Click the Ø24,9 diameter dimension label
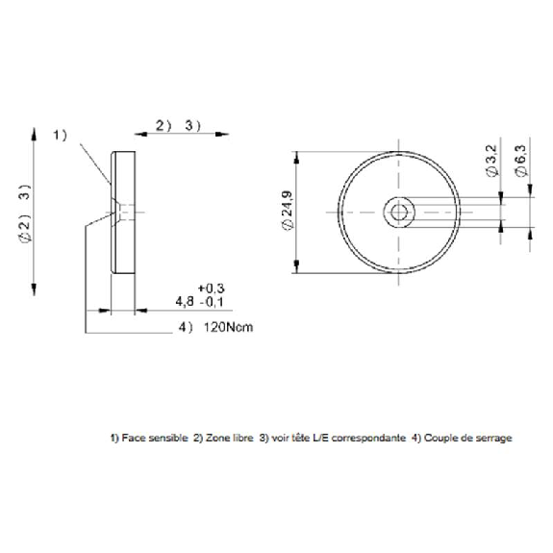(288, 211)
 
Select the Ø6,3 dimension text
(520, 161)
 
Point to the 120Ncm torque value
(228, 327)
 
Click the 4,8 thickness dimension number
(185, 302)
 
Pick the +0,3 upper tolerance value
(211, 289)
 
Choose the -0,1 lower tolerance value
(212, 302)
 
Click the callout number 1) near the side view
(60, 135)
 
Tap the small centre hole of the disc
(399, 213)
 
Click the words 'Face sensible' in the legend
(155, 438)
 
